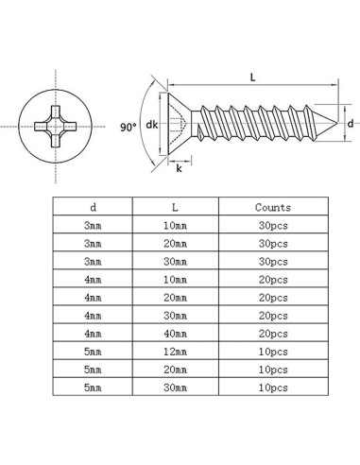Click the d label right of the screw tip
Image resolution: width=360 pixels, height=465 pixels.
point(350,123)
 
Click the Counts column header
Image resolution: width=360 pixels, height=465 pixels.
point(273,207)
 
